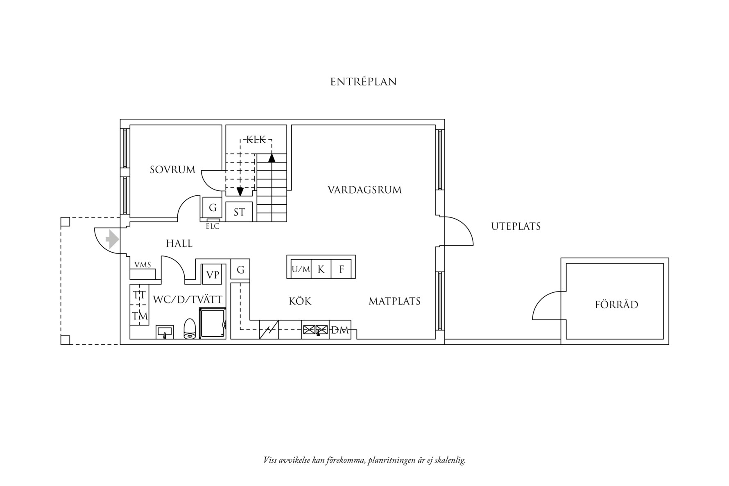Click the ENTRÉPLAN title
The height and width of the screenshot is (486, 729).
tap(363, 82)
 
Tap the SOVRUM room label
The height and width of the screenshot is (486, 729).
tap(172, 170)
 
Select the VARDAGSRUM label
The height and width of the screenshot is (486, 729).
tap(364, 190)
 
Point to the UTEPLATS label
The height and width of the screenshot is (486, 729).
tap(516, 226)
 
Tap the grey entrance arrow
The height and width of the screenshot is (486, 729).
tap(112, 239)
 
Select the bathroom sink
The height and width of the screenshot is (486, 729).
tap(165, 332)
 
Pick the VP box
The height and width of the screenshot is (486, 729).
tap(213, 274)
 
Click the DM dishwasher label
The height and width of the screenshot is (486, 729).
tap(340, 330)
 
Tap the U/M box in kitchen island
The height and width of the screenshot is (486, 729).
tap(301, 269)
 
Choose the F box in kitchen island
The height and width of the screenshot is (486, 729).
tap(341, 269)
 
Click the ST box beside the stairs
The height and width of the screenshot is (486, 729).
tap(239, 212)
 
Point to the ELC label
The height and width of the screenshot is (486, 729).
tap(213, 226)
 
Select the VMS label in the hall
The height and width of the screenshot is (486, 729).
tap(143, 265)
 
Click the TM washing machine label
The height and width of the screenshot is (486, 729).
tap(140, 316)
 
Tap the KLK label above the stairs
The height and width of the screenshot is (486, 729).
tap(256, 140)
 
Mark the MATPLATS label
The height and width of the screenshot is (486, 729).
tap(395, 301)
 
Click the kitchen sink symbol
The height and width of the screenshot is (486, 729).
tap(315, 329)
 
